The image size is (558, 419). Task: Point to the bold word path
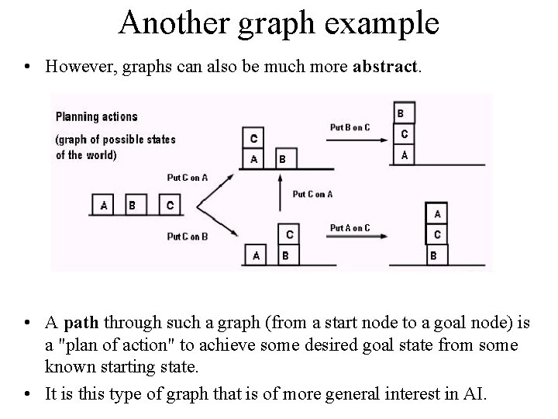[83, 323]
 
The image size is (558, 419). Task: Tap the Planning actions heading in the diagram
[96, 116]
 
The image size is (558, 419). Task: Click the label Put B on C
[350, 126]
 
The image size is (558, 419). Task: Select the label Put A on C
[350, 227]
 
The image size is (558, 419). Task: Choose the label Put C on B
[188, 236]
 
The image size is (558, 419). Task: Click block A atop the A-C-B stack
[437, 213]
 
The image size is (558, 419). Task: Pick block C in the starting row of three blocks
[170, 206]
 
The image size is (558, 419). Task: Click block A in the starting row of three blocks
[105, 206]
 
